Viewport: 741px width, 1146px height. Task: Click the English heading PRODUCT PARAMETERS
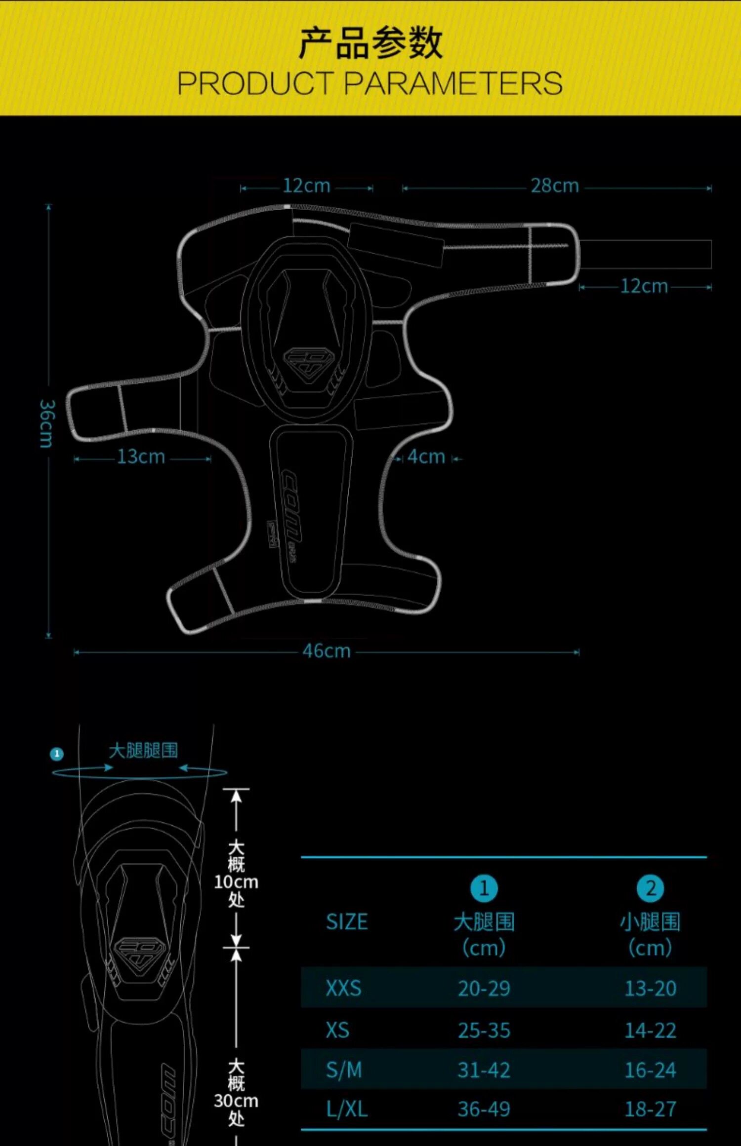370,83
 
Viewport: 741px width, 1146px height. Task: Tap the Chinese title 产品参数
370,43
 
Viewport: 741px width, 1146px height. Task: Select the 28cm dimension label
555,186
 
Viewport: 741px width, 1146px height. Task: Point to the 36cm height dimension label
47,423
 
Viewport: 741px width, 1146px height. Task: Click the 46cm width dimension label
327,651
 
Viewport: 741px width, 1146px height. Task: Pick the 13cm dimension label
141,457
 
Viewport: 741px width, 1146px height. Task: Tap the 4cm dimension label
426,457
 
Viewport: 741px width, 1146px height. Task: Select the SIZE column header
347,922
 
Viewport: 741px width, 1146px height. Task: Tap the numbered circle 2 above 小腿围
650,888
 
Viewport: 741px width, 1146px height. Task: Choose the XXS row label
343,989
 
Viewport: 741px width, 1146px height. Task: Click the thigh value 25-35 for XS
484,1031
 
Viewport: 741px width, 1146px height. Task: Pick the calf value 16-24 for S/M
650,1070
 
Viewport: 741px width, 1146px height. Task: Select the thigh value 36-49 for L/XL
484,1109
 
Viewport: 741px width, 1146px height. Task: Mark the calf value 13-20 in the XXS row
650,989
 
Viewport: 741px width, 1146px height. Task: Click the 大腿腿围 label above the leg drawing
143,751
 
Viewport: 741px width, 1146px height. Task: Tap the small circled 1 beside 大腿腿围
57,754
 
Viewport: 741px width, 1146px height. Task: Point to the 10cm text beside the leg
236,881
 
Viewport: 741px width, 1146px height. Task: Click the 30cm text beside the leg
236,1101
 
